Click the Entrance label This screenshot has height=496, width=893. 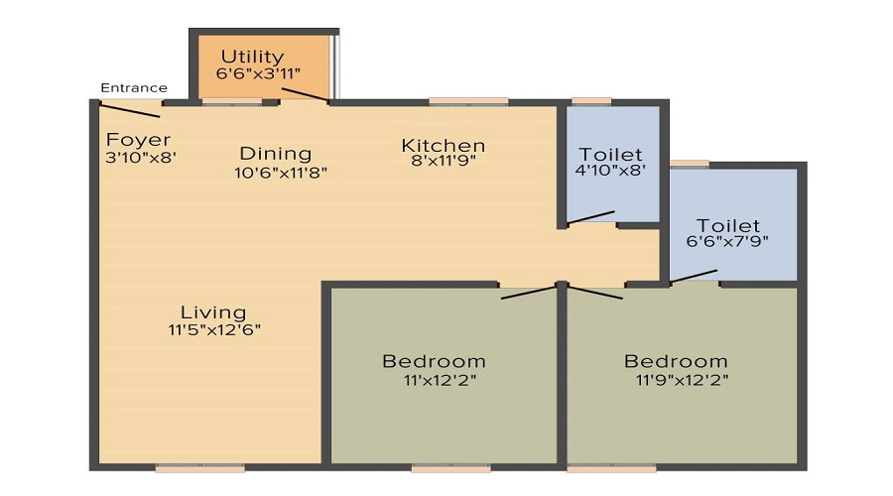pos(134,88)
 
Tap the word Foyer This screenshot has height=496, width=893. pos(138,140)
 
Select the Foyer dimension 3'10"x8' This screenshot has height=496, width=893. pos(140,157)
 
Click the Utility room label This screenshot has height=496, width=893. pos(252,57)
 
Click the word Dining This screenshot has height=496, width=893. pos(276,154)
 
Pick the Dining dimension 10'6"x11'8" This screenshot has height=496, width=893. pos(281,172)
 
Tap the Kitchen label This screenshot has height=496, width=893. pos(443,146)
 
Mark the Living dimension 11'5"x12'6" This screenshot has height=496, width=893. pos(214,329)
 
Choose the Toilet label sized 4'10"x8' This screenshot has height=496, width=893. pos(610,155)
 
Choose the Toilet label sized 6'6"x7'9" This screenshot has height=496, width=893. pos(727,225)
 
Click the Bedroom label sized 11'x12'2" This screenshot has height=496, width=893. pos(434,361)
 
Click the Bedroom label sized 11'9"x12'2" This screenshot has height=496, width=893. pos(676,361)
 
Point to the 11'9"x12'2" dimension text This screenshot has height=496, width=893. pos(683,379)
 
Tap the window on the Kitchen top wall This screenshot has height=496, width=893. pos(468,101)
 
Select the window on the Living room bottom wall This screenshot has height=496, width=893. pos(186,467)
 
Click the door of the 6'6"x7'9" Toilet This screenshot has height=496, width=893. pos(696,276)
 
